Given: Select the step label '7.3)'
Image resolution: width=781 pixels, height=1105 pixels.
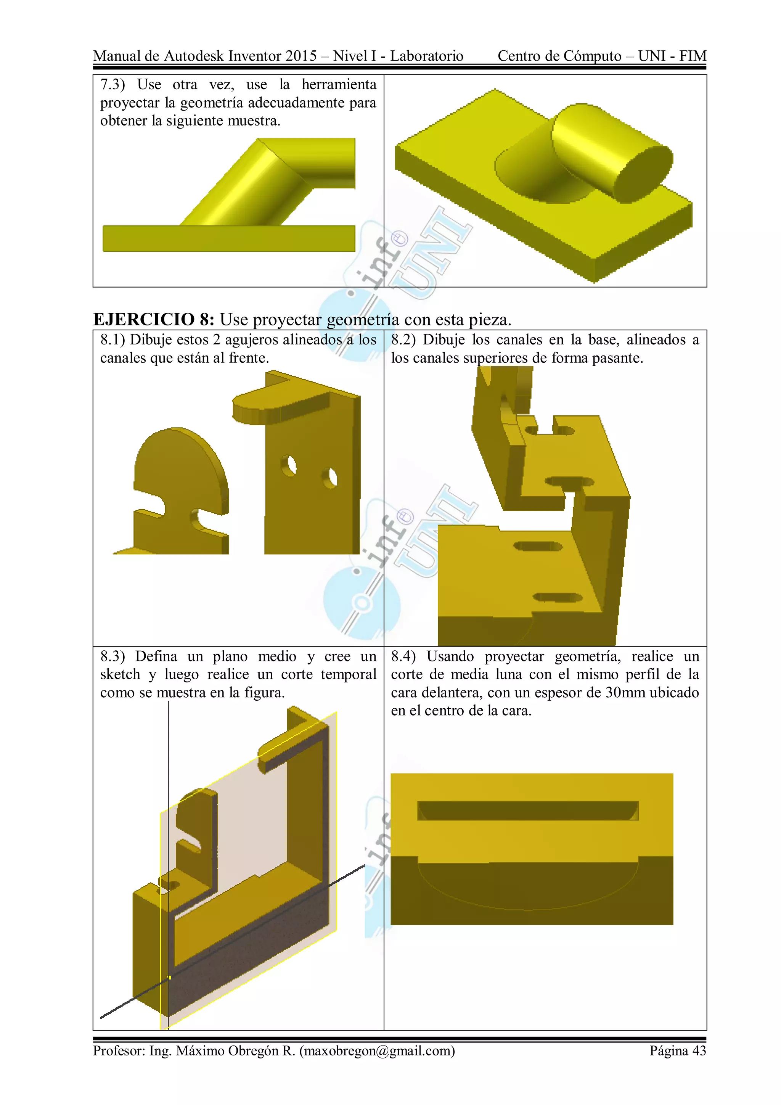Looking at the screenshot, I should click(112, 85).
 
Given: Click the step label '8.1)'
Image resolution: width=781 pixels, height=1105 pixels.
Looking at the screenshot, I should click(112, 340).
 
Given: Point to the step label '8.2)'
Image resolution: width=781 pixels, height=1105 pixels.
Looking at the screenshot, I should click(403, 340).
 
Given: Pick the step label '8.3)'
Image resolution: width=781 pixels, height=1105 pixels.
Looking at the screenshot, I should click(112, 656).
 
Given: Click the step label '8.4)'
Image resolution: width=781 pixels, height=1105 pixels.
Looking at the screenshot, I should click(403, 656).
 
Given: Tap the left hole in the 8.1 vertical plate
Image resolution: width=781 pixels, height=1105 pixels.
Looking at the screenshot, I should click(289, 465).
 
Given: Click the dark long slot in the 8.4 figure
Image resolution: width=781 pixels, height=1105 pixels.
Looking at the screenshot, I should click(527, 811).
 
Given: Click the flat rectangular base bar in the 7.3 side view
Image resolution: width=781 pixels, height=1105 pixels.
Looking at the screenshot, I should click(228, 238).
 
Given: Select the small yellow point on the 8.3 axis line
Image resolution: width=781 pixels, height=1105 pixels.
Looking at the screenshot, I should click(169, 978).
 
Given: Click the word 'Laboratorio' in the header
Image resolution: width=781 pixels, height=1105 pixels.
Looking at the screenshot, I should click(426, 56).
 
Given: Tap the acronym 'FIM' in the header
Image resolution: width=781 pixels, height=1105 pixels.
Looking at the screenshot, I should click(693, 56).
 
